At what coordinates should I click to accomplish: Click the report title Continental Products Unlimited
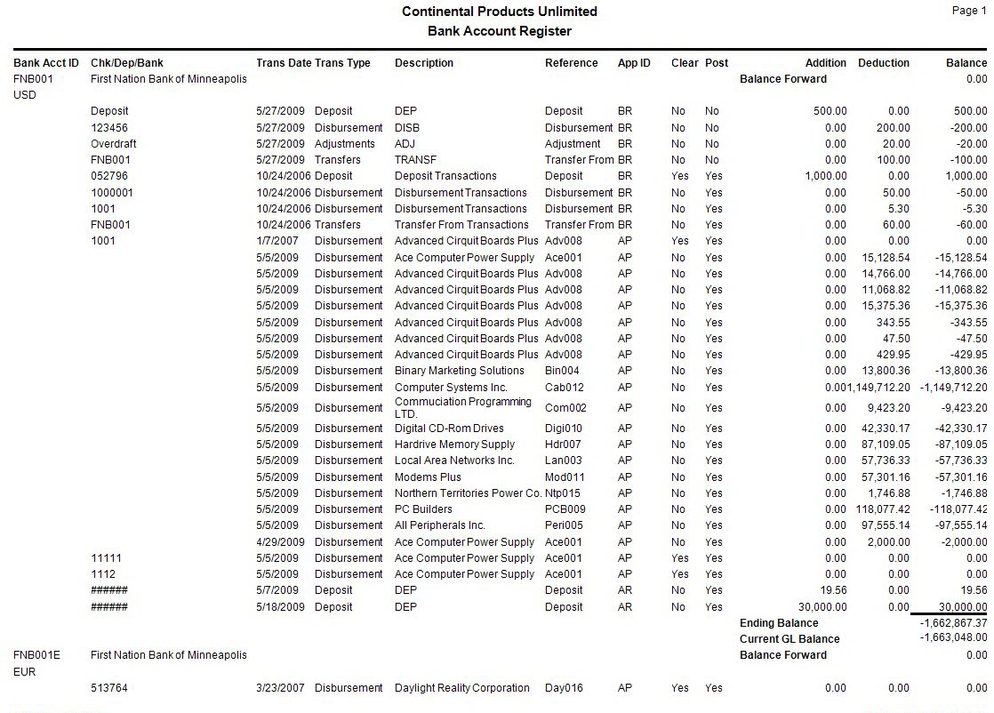[x=499, y=12]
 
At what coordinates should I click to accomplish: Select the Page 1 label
[x=968, y=11]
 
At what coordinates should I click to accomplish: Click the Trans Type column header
[x=342, y=63]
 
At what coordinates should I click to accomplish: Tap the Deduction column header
[x=883, y=63]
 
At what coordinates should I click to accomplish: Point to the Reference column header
[x=571, y=63]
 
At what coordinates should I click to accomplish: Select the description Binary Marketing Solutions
[x=459, y=371]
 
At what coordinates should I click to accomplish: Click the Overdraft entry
[x=113, y=144]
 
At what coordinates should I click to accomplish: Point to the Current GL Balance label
[x=789, y=639]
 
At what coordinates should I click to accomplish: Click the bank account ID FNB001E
[x=36, y=655]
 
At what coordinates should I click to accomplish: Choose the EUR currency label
[x=25, y=672]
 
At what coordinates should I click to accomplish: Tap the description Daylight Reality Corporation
[x=461, y=688]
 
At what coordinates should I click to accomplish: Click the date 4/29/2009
[x=280, y=542]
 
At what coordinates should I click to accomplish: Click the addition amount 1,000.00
[x=825, y=176]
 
